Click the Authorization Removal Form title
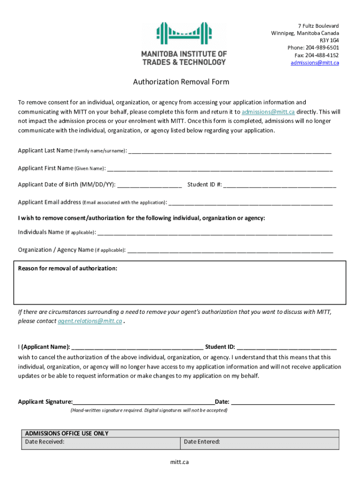(x=181, y=82)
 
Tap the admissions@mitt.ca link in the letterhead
(x=315, y=63)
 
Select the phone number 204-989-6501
(x=323, y=48)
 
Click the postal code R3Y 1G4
(x=329, y=40)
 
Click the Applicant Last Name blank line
(x=230, y=152)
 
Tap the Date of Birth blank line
(x=150, y=185)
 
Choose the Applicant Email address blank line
(x=251, y=203)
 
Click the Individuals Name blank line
(x=215, y=232)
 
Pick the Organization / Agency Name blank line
(x=230, y=250)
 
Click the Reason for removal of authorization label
(x=68, y=269)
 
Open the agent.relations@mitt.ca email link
(x=90, y=321)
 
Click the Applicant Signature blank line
(x=144, y=402)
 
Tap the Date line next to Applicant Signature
(x=283, y=402)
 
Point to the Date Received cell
(x=101, y=442)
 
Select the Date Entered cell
(x=259, y=442)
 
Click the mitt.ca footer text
(x=180, y=462)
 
